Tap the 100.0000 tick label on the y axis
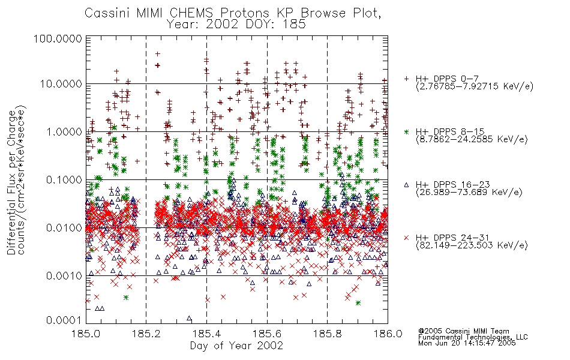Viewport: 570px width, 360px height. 58,38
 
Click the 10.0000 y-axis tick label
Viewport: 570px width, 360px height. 61,84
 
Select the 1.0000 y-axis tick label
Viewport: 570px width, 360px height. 64,131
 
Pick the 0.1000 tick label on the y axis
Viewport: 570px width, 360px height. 64,179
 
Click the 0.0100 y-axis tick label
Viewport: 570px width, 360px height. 64,228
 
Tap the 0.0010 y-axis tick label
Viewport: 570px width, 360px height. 64,276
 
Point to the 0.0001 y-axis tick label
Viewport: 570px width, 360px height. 64,320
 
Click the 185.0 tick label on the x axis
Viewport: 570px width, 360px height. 86,334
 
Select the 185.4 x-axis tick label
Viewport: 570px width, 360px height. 207,334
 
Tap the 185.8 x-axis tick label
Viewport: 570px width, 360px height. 328,334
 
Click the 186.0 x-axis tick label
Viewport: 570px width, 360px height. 388,334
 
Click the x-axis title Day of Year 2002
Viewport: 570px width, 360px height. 236,346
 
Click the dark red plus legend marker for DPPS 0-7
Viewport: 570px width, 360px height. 406,79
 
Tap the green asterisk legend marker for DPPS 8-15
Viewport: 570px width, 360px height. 406,131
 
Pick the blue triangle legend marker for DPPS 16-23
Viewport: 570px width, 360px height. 406,185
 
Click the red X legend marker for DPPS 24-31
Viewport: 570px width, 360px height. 406,238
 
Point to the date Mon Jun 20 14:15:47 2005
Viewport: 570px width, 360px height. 467,343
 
